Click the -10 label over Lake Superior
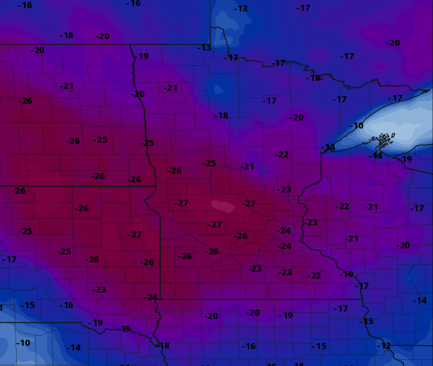tap(357, 126)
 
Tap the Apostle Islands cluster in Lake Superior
tap(382, 141)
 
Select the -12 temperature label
tap(384, 345)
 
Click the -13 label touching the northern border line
tap(204, 48)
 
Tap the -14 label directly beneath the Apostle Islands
tap(376, 155)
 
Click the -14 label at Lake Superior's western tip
tap(329, 147)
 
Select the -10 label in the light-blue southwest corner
tap(23, 342)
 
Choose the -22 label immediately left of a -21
tap(343, 207)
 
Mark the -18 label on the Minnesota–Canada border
tap(314, 78)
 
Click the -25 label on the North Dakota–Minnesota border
tap(147, 143)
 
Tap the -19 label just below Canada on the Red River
tap(142, 57)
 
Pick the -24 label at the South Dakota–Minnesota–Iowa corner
tap(150, 297)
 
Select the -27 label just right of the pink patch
tap(249, 203)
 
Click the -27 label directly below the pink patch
tap(215, 225)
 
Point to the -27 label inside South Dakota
tap(135, 235)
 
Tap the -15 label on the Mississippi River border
tap(366, 322)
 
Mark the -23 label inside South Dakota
tap(99, 289)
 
